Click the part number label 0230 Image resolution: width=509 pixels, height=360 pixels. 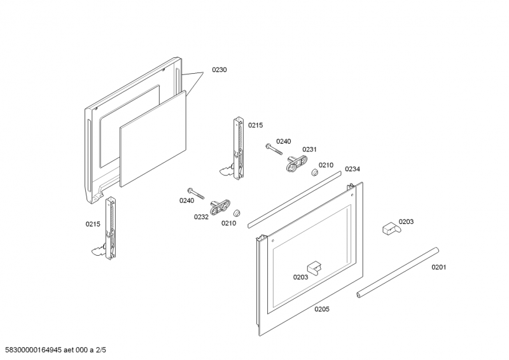point(220,70)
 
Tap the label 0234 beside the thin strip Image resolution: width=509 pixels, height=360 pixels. point(352,169)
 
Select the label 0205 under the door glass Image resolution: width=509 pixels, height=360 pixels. point(322,309)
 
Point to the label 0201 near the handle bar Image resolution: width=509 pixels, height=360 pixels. point(438,267)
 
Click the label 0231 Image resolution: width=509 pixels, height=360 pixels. point(309,149)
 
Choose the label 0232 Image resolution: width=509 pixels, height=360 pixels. point(201,217)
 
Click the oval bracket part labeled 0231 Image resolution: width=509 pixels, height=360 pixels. point(296,163)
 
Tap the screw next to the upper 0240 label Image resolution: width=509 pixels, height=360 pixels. point(274,149)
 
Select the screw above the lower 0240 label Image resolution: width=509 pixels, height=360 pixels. point(196,193)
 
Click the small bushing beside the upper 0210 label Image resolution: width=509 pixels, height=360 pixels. point(314,173)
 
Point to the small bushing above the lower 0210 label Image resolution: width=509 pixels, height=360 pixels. point(237,213)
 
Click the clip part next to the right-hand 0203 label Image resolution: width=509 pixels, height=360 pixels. point(391,228)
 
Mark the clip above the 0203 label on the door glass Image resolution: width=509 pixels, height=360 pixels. point(314,267)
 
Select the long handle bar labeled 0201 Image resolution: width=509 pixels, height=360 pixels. point(398,273)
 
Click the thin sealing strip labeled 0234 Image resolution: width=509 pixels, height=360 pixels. point(295,200)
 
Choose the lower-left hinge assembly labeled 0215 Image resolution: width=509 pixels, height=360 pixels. point(106,228)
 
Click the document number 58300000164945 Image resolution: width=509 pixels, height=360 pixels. point(34,350)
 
